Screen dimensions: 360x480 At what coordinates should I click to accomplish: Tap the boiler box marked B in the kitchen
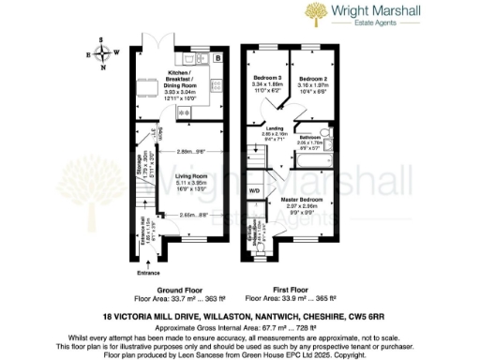[x=217, y=59]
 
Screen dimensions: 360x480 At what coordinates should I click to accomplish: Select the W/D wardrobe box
[x=255, y=190]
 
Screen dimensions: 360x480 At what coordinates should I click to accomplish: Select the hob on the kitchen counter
[x=217, y=84]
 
